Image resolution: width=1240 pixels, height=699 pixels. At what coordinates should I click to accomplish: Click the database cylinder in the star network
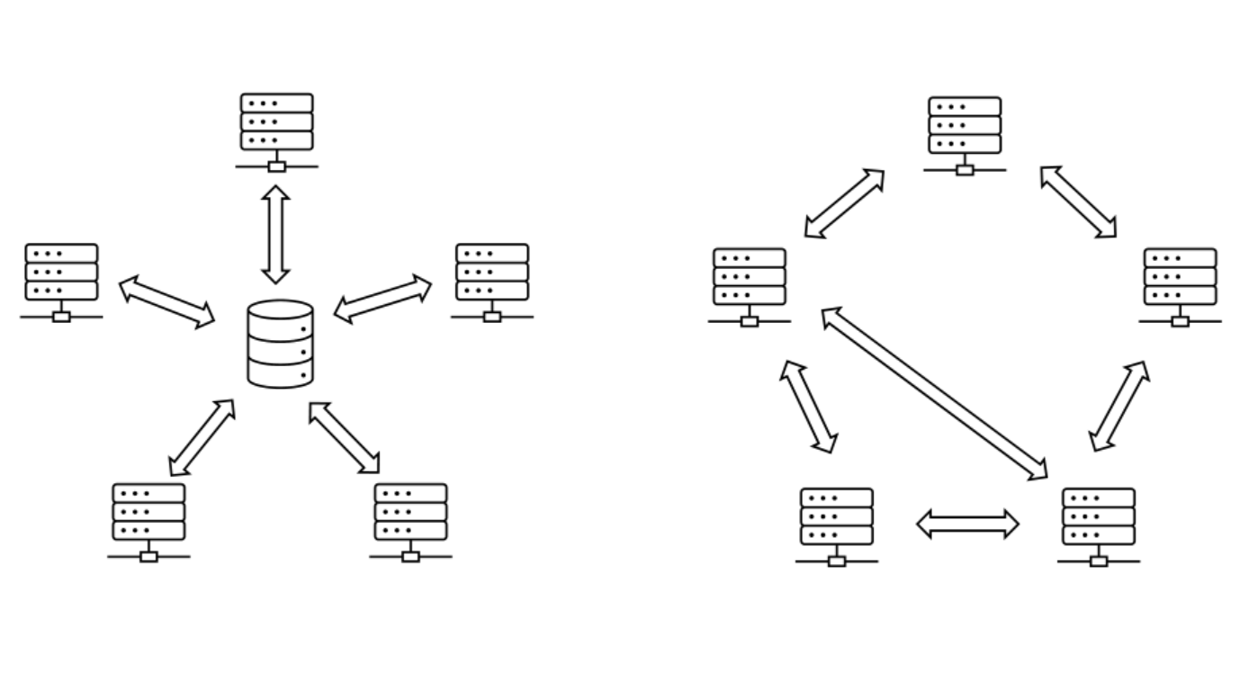click(x=280, y=345)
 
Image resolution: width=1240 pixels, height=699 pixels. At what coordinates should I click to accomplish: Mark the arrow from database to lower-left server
click(x=202, y=437)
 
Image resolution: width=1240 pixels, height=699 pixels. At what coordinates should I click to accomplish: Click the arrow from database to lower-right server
click(x=344, y=437)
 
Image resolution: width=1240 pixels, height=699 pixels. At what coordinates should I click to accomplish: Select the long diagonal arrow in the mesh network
click(x=935, y=393)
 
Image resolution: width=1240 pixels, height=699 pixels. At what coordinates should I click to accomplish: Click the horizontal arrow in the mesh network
click(x=967, y=524)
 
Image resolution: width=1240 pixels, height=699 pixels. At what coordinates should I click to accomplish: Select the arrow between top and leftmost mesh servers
click(x=844, y=203)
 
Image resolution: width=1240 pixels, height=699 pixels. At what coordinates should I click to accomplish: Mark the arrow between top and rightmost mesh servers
click(x=1078, y=202)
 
